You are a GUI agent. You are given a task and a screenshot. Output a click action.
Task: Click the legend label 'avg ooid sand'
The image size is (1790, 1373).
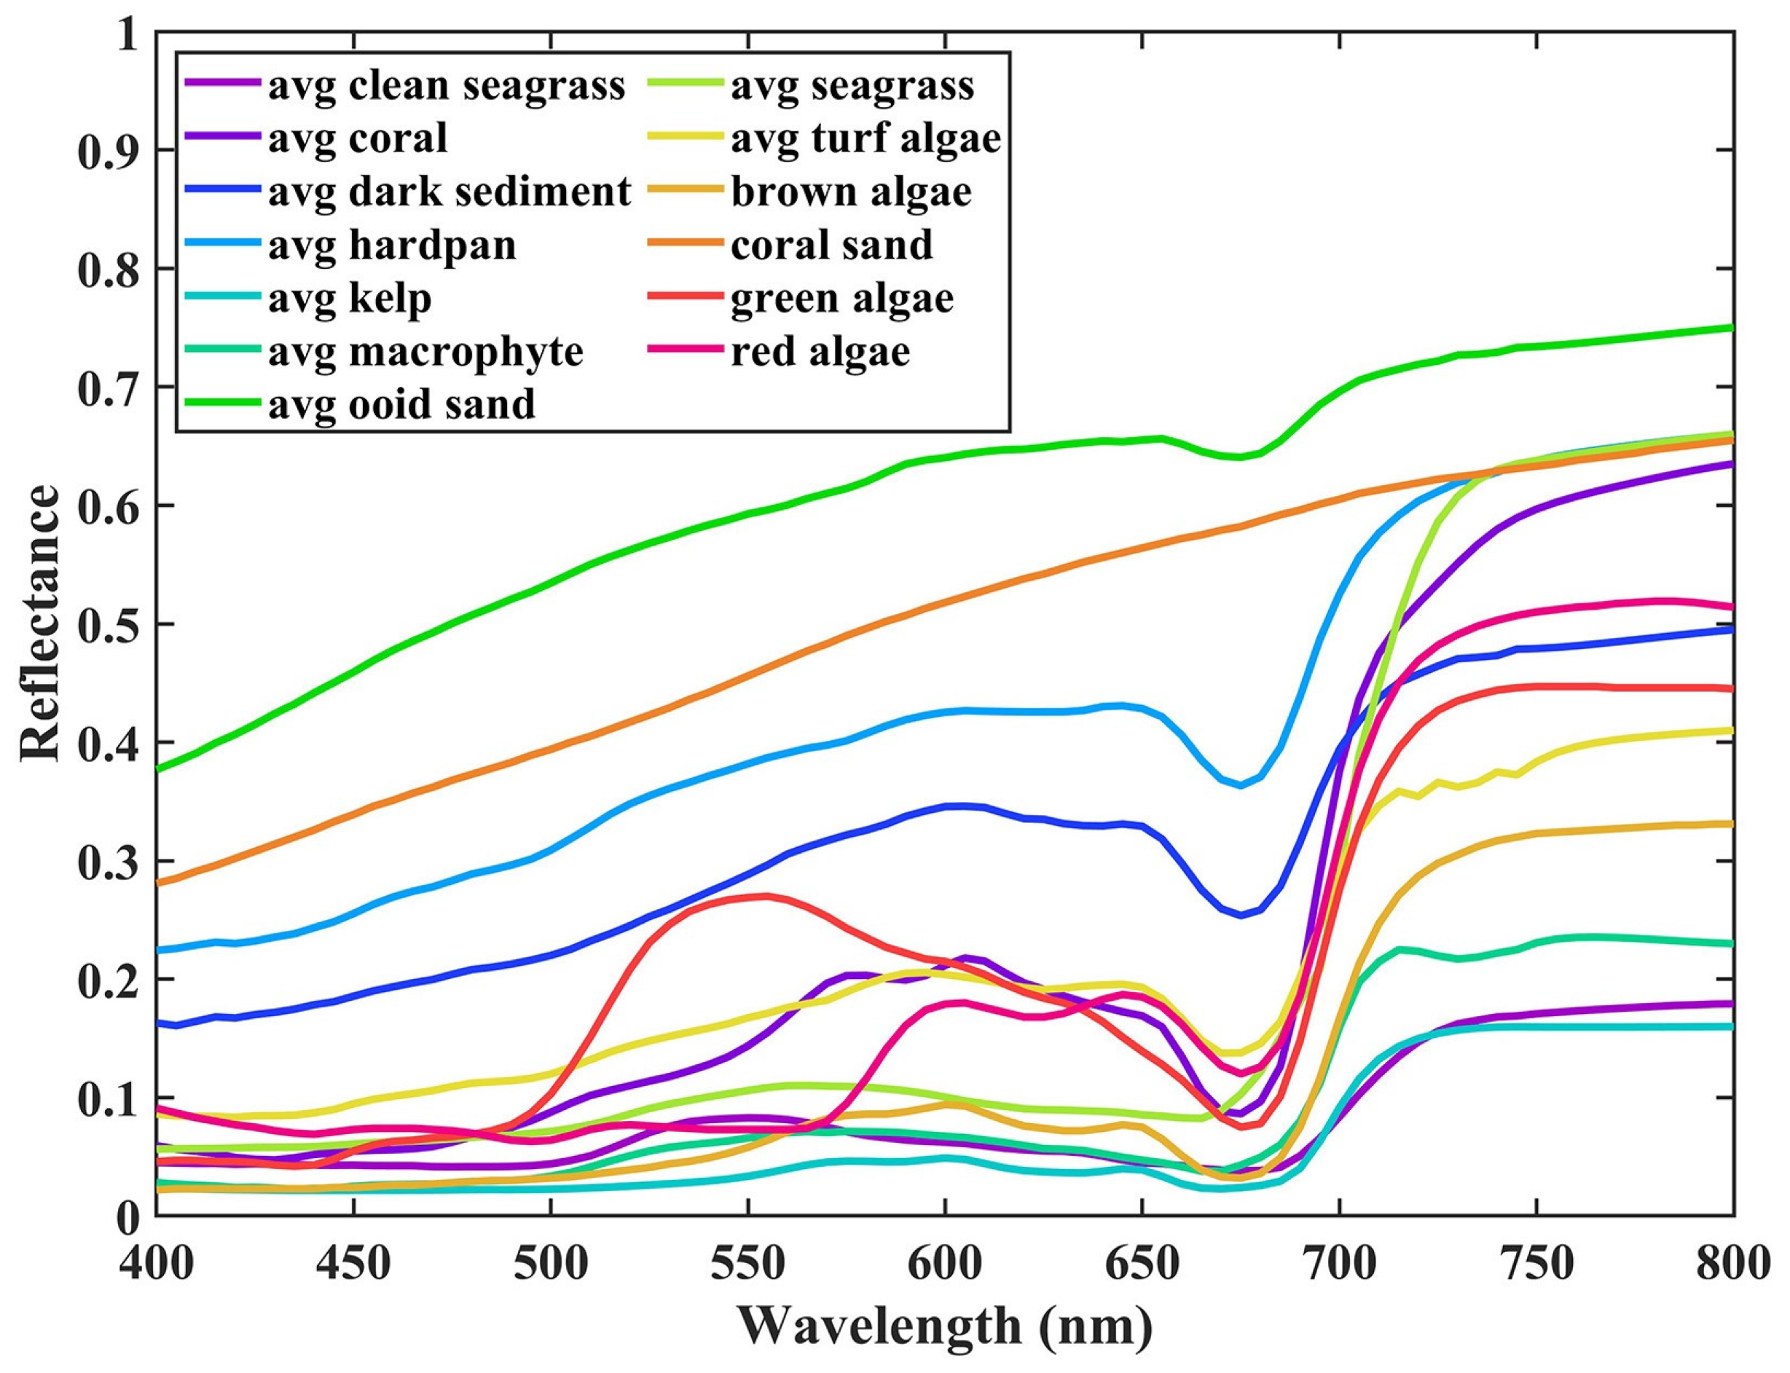click(x=402, y=404)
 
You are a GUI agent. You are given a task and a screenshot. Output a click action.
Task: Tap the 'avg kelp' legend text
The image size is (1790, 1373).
click(x=350, y=299)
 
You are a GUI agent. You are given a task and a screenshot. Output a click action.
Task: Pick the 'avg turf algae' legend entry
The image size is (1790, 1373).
click(x=865, y=138)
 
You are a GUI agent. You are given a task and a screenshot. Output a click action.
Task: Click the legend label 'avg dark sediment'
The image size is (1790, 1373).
click(x=450, y=192)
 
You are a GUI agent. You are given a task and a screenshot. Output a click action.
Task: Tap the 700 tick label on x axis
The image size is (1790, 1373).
click(x=1339, y=1264)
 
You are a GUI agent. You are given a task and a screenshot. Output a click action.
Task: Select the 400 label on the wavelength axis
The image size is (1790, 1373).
click(x=157, y=1264)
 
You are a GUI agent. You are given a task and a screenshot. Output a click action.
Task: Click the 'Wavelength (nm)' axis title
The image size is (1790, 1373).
click(x=946, y=1326)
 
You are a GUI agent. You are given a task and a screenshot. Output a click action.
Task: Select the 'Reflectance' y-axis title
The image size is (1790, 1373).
click(x=41, y=623)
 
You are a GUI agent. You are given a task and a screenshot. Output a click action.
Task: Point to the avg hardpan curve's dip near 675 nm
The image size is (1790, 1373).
click(x=1240, y=785)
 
